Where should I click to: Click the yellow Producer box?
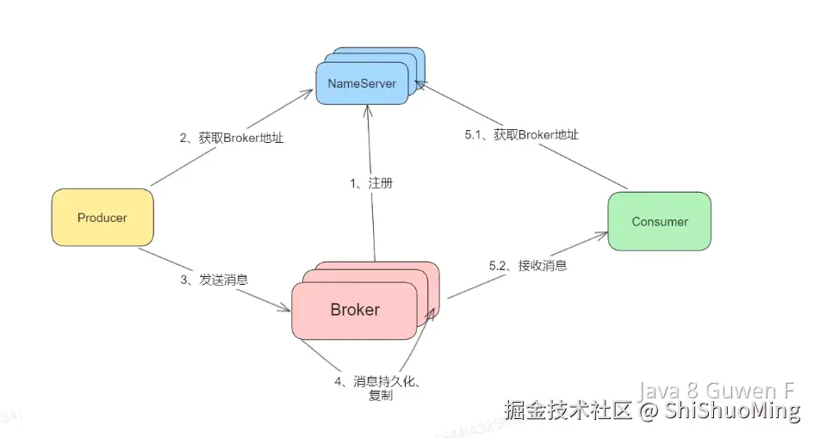[x=102, y=218]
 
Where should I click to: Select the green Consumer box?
[x=659, y=221]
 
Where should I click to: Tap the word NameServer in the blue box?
[x=362, y=83]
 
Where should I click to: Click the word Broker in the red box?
[x=355, y=309]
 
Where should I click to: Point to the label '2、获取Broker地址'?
[x=232, y=138]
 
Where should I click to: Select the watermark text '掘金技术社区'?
[x=569, y=411]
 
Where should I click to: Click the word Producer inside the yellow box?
[x=102, y=218]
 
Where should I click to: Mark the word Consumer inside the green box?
[x=659, y=221]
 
